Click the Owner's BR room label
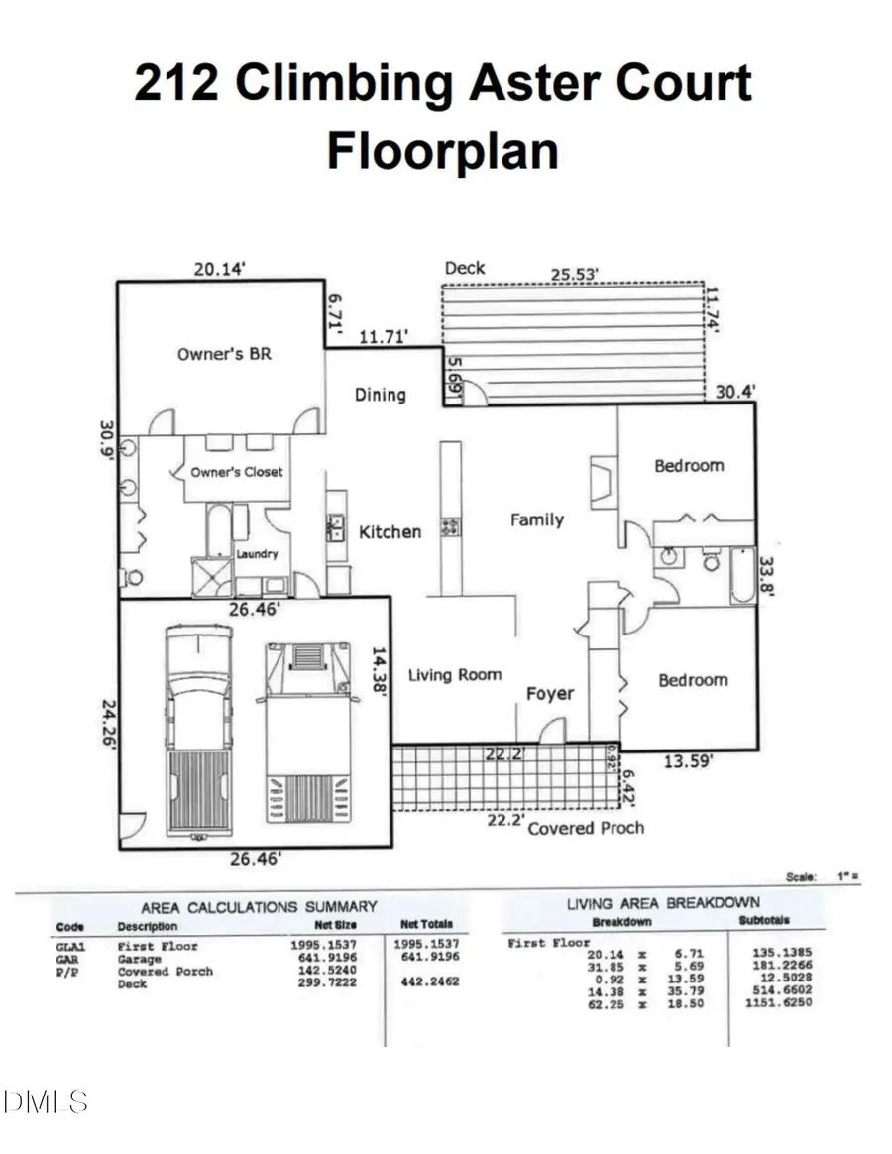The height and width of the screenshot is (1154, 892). [x=224, y=353]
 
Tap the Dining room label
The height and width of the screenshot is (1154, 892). [x=381, y=395]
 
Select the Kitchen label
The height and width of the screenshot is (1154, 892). [x=390, y=532]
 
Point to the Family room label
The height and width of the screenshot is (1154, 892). [x=536, y=519]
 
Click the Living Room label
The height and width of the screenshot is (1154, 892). [x=455, y=675]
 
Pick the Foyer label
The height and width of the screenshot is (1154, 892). [x=549, y=694]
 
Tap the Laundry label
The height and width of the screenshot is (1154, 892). [x=257, y=555]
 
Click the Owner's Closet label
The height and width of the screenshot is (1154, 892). [x=237, y=473]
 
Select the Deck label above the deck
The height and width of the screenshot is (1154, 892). [x=465, y=268]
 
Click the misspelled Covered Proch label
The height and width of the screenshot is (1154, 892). [x=586, y=828]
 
